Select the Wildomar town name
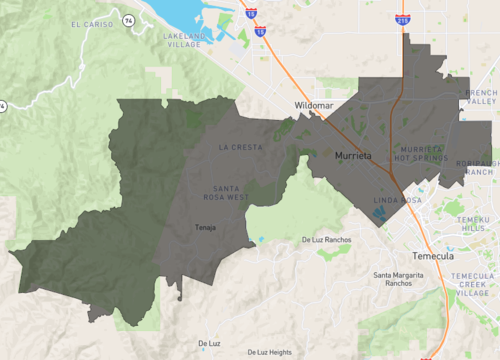(x=314, y=105)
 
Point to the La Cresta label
(x=240, y=147)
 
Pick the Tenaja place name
(x=205, y=227)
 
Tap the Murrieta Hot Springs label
(x=421, y=153)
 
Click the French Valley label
(x=479, y=97)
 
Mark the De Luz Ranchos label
(x=326, y=240)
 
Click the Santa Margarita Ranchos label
(x=407, y=279)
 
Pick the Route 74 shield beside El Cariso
(x=128, y=19)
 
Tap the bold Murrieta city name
(x=353, y=157)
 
